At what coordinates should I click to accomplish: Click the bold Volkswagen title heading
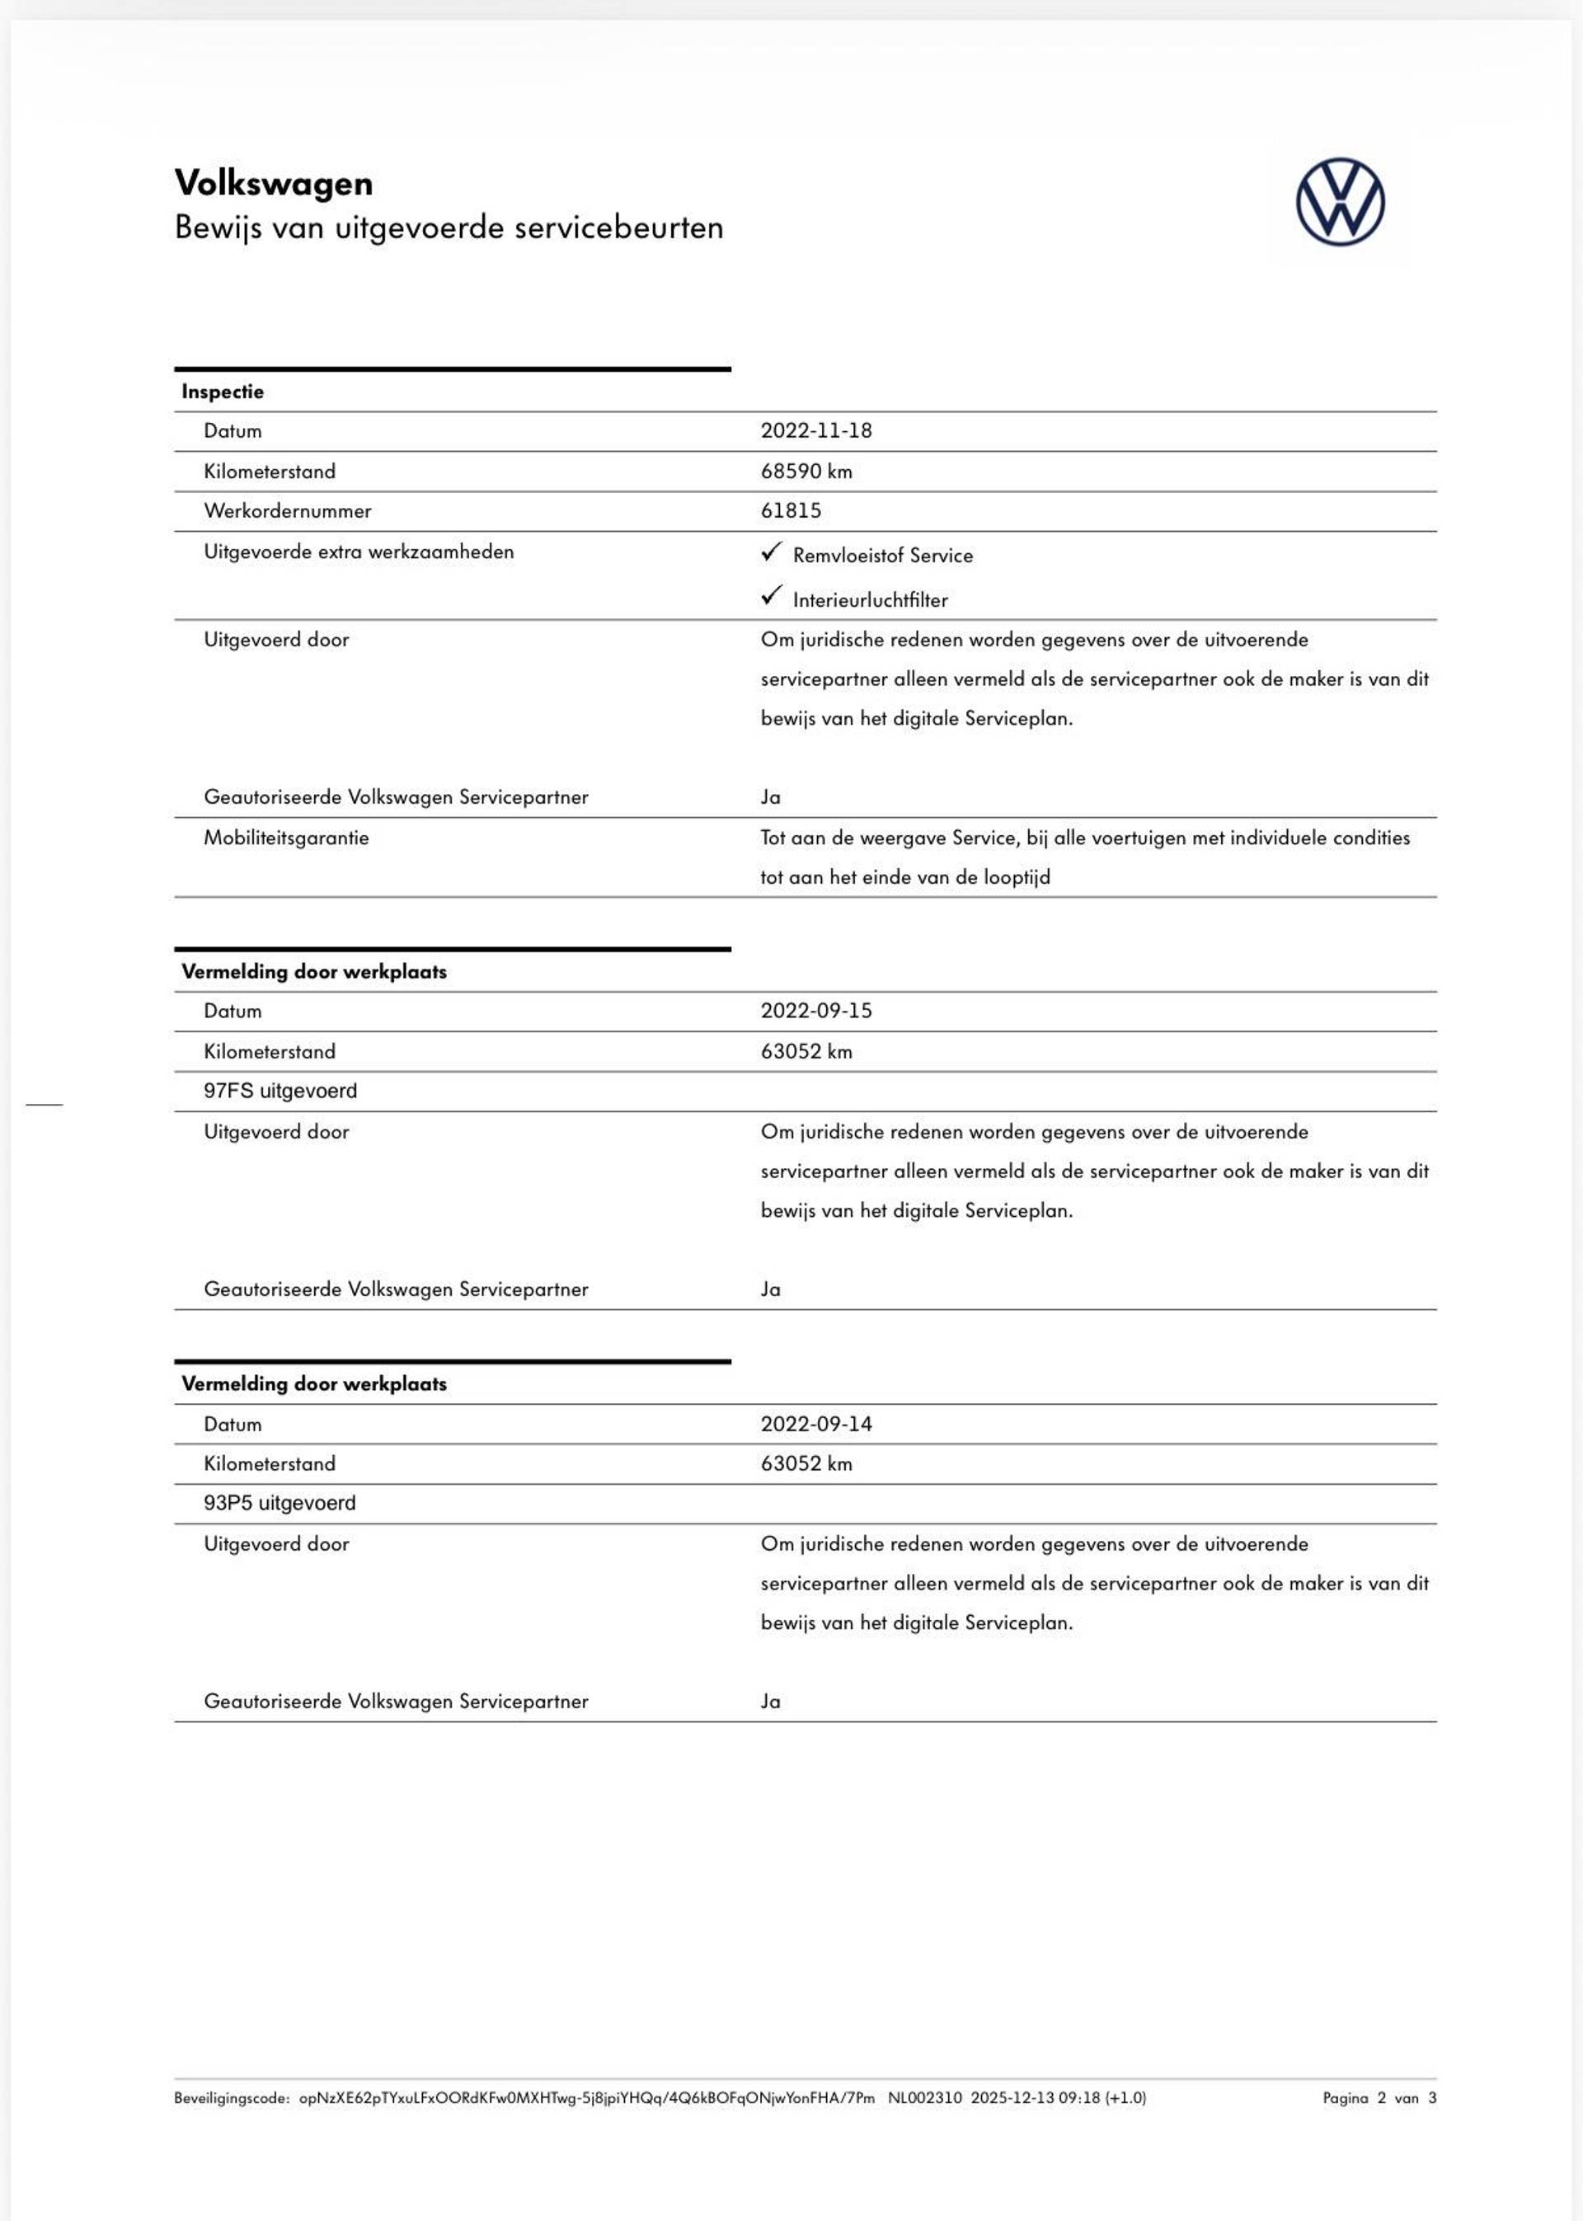pyautogui.click(x=273, y=183)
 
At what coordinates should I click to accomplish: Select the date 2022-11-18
pyautogui.click(x=816, y=430)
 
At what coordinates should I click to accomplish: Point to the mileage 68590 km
pyautogui.click(x=806, y=472)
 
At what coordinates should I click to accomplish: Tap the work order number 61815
pyautogui.click(x=791, y=510)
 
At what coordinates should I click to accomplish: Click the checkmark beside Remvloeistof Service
pyautogui.click(x=771, y=552)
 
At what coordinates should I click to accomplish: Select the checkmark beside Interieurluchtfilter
pyautogui.click(x=771, y=594)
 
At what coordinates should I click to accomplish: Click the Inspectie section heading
pyautogui.click(x=223, y=392)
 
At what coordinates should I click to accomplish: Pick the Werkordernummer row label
pyautogui.click(x=288, y=510)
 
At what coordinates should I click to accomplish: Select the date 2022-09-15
pyautogui.click(x=816, y=1011)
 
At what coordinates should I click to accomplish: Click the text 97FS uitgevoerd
pyautogui.click(x=280, y=1091)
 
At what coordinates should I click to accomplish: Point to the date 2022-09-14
pyautogui.click(x=816, y=1424)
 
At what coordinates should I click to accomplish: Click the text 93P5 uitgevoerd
pyautogui.click(x=279, y=1503)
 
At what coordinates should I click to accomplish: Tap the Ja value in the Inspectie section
pyautogui.click(x=770, y=797)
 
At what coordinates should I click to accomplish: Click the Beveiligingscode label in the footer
pyautogui.click(x=232, y=2098)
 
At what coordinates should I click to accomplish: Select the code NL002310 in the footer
pyautogui.click(x=924, y=2098)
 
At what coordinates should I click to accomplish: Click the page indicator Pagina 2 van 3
pyautogui.click(x=1379, y=2098)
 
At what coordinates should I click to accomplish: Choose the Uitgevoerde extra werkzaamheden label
pyautogui.click(x=359, y=552)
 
